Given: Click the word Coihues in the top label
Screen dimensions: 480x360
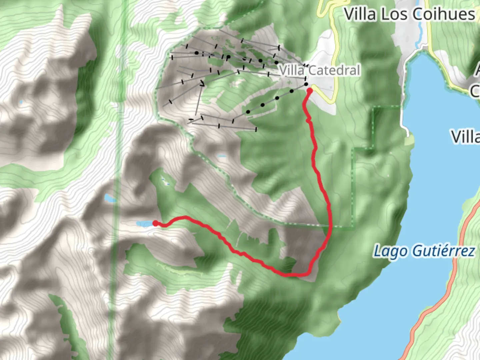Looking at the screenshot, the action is coord(443,15).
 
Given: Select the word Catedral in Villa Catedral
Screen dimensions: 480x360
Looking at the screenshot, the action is coord(334,70).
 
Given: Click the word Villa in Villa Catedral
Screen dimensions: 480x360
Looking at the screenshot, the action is coord(292,70).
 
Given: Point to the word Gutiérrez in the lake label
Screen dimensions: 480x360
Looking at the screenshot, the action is coord(444,251).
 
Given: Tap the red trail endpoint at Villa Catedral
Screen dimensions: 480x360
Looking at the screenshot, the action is coord(309,90).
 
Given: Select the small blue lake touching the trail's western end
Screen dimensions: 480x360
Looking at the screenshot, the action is coord(144,223).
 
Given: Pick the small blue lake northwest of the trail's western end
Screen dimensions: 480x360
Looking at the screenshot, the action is coord(109,198).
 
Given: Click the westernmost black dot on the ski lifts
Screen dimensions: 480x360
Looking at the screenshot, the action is coord(197,53).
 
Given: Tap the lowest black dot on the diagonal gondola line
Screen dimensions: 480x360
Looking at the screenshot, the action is coord(248,112).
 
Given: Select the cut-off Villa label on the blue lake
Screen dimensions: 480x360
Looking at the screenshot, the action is coord(466,137).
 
